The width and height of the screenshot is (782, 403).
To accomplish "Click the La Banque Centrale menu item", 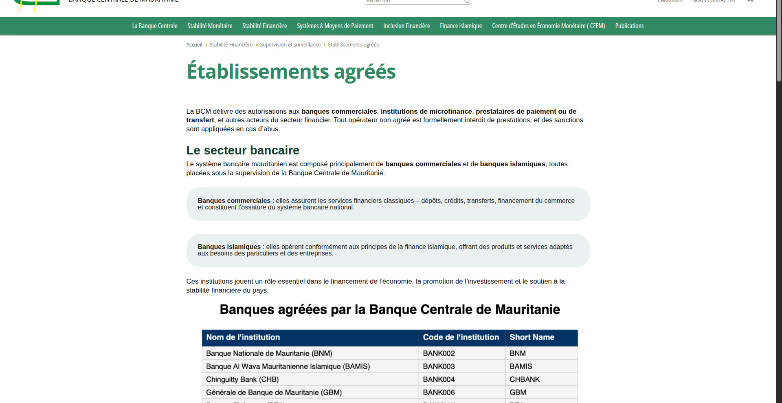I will pos(155,26).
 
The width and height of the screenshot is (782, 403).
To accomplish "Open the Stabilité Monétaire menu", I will pos(210,26).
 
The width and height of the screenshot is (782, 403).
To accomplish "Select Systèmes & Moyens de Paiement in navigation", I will pos(335,26).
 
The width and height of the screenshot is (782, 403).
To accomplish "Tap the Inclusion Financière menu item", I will pos(406,26).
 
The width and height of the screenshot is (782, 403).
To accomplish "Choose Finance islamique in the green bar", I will pos(461,26).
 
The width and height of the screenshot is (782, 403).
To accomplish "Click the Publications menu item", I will pos(629,26).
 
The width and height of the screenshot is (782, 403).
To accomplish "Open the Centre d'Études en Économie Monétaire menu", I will pos(548,26).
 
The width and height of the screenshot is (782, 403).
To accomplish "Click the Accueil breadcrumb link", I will pos(194,45).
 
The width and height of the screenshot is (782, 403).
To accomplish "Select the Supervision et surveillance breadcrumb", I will pos(290,45).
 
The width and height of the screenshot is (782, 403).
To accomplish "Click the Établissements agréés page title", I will pos(291,72).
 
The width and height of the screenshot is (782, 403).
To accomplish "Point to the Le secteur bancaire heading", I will pos(243,150).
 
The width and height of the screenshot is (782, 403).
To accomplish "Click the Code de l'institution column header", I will pos(461,337).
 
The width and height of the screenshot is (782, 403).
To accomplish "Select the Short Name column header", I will pos(532,337).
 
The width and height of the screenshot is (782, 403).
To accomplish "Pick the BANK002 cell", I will pos(439,353).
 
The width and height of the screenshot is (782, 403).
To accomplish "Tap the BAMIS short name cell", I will pos(521,366).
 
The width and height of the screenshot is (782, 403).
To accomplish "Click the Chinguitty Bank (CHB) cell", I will pos(242,379).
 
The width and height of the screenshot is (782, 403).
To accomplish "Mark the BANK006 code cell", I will pos(439,392).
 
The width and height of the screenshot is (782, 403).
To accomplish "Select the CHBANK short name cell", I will pos(525,379).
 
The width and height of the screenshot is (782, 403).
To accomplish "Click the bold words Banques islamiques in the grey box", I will pos(229,247).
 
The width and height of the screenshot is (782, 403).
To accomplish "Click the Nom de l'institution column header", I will pos(243,337).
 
